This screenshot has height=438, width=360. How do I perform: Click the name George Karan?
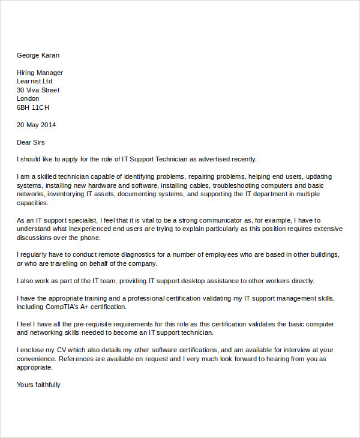38,55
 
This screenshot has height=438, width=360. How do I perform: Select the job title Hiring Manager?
40,73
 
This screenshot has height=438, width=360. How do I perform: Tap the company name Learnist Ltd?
34,81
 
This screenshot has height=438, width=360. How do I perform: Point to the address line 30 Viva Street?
38,90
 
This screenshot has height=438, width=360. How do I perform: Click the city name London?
28,98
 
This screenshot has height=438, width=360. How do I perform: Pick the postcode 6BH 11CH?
33,107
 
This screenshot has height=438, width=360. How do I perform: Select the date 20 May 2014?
36,125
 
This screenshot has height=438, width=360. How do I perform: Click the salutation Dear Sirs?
31,142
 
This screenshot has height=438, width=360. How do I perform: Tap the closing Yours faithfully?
38,385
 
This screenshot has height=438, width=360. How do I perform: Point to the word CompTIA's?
65,307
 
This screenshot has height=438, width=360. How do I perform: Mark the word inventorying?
68,194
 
